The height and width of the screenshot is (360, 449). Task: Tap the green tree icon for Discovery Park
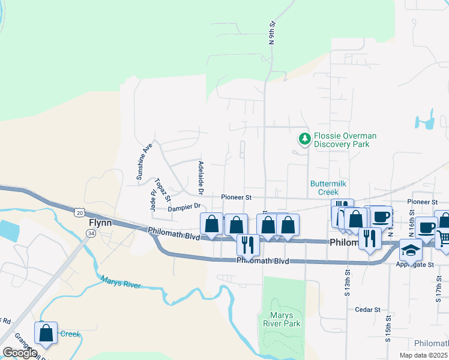[305, 139]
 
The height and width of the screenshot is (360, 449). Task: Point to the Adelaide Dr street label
[201, 178]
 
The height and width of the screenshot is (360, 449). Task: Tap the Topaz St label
[163, 189]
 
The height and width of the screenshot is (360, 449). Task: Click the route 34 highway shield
[91, 232]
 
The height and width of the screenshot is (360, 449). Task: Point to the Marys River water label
[121, 281]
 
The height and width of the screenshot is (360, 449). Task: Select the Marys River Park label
[282, 319]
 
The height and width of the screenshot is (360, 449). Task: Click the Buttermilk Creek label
[329, 188]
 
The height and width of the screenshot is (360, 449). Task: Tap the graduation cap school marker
[411, 249]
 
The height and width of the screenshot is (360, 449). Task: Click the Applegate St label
[414, 264]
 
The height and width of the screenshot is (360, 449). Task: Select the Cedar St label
[368, 310]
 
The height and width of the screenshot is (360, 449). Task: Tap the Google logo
[20, 353]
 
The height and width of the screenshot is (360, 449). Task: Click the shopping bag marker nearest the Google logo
[46, 332]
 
